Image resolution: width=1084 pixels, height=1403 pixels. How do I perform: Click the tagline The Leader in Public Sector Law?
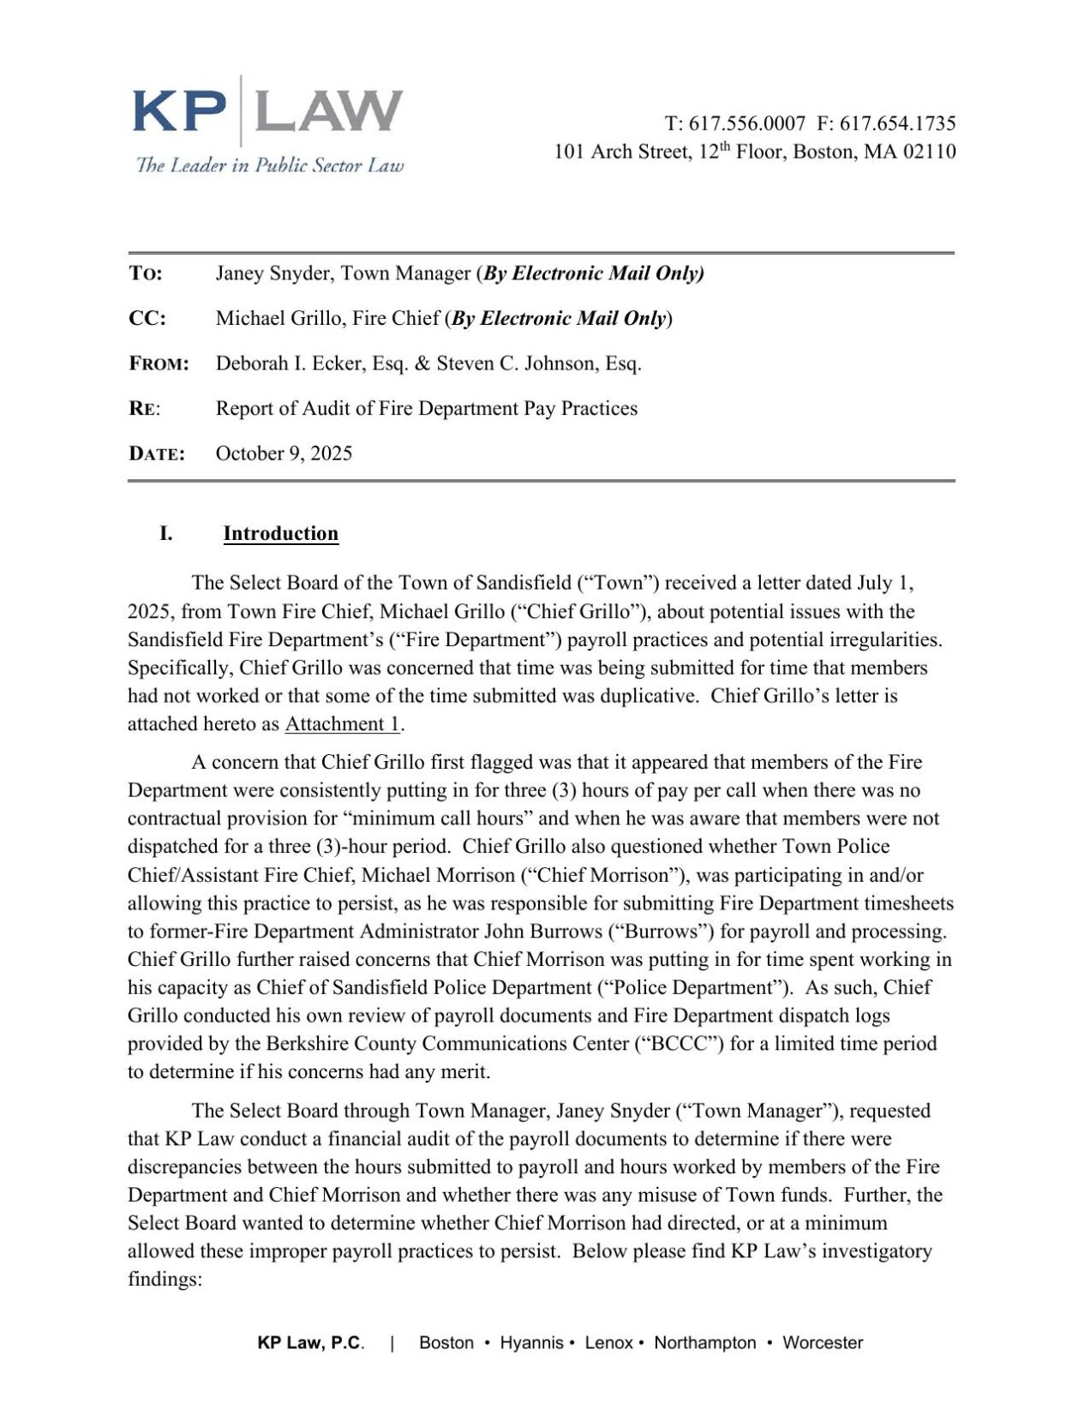point(269,165)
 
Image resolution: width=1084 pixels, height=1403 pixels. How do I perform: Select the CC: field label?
point(147,319)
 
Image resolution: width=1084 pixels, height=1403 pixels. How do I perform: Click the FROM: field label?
point(159,364)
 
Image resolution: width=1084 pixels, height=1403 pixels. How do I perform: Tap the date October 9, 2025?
point(284,453)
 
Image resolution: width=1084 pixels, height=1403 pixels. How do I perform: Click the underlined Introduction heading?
point(280,533)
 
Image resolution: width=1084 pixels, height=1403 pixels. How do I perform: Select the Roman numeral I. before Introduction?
point(165,533)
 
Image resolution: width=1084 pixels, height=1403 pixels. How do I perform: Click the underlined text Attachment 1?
point(342,724)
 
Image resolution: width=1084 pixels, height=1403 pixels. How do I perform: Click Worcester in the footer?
point(822,1343)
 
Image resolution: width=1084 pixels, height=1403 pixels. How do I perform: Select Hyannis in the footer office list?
point(531,1343)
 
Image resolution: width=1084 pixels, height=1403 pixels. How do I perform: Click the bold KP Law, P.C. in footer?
point(310,1343)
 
